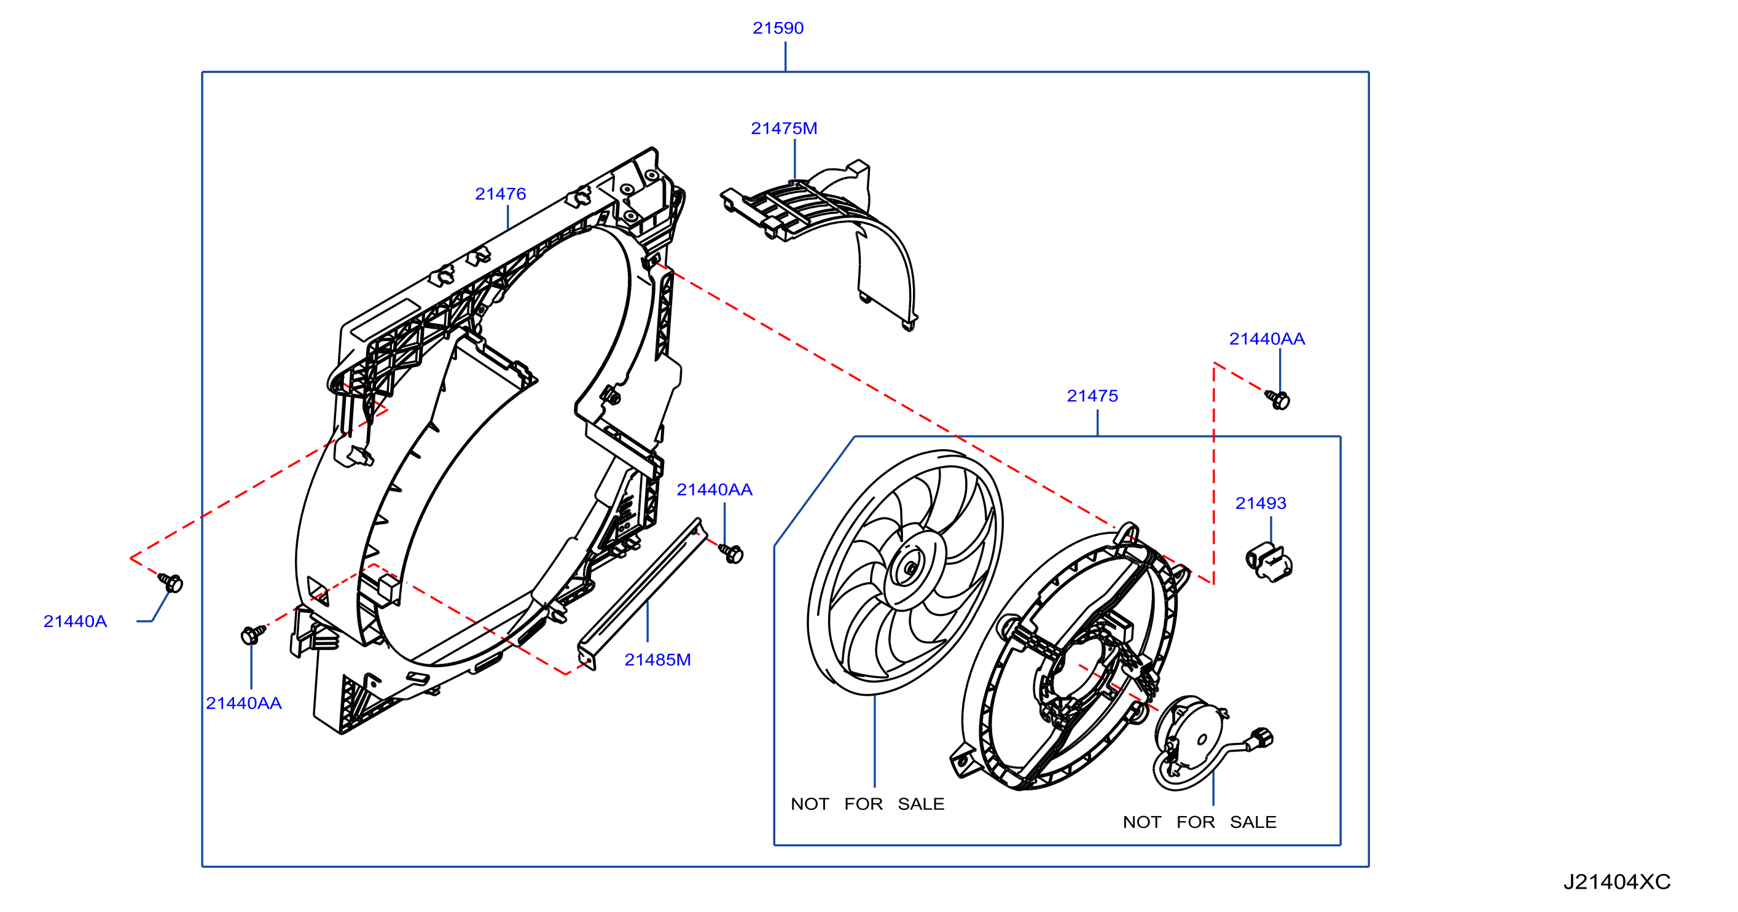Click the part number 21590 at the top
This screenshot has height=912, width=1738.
[778, 28]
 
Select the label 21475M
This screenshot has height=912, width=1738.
[784, 128]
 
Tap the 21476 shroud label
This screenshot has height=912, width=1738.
[500, 194]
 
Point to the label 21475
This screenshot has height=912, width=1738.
[1092, 396]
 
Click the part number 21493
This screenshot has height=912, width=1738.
[1260, 503]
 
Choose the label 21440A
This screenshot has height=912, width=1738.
[75, 621]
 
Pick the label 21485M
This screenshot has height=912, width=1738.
[657, 659]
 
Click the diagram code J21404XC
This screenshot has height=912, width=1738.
[1616, 882]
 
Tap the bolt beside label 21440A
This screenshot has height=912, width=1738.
[171, 582]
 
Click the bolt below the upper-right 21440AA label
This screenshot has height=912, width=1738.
[1277, 399]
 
